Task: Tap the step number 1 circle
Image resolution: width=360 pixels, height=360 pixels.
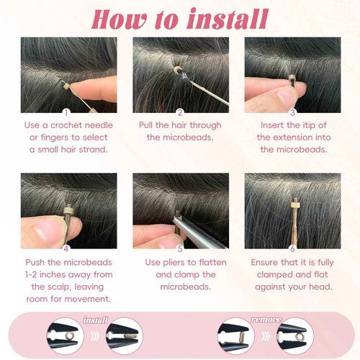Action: tap(66, 112)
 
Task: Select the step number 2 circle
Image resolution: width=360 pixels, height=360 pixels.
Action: tap(179, 112)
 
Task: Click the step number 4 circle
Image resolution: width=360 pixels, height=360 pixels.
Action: tap(66, 249)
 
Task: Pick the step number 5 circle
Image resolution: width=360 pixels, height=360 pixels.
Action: tap(179, 249)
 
